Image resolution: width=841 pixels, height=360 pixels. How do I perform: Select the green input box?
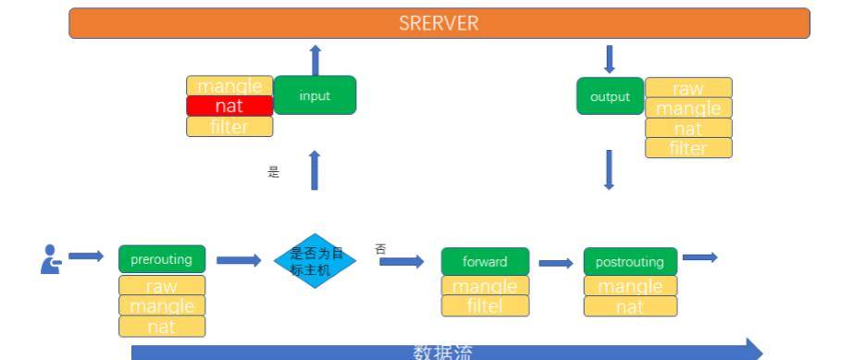[315, 95]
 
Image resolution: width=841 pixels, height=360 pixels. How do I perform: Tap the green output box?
[610, 96]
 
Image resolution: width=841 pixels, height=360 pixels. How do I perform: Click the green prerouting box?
[162, 260]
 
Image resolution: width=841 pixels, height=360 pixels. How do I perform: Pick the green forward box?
[485, 261]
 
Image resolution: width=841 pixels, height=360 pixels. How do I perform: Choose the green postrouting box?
[629, 261]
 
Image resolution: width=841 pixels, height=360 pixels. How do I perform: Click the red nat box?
[229, 106]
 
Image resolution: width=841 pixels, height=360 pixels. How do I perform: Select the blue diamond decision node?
[315, 260]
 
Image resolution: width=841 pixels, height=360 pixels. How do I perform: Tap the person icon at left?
[51, 259]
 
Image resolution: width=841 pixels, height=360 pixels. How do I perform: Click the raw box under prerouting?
[162, 285]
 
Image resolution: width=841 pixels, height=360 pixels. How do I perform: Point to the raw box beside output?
[688, 87]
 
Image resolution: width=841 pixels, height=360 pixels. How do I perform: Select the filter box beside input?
[229, 127]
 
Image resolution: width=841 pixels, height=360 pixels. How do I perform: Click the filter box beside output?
[688, 148]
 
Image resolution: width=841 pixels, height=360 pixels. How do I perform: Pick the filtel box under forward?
[485, 305]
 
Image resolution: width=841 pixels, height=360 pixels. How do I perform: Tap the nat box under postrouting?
[629, 306]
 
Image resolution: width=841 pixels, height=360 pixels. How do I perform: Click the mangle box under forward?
[485, 285]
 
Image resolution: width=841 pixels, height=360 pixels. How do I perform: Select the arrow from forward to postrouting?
[556, 263]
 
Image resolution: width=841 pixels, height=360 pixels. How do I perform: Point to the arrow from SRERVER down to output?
[609, 59]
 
